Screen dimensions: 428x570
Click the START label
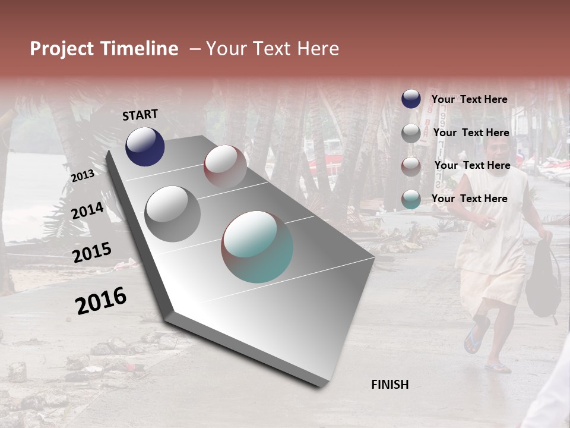[140, 115]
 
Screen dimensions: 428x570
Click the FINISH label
[390, 385]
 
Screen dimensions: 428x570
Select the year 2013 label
[83, 175]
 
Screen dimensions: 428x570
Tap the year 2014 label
[87, 211]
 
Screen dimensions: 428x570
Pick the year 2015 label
[92, 253]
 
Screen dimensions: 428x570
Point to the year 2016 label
[101, 301]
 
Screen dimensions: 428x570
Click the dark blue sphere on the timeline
[145, 146]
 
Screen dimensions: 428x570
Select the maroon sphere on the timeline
[225, 166]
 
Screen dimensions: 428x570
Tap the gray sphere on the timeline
[173, 213]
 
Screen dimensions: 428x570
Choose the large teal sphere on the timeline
[257, 247]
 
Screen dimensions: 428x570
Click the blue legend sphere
[411, 99]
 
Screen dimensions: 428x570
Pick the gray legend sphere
[411, 133]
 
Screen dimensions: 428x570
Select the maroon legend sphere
[411, 166]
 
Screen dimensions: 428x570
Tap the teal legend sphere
[411, 199]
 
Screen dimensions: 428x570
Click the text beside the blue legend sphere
[469, 99]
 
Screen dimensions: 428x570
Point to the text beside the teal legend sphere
[469, 199]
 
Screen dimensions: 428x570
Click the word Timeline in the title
[138, 49]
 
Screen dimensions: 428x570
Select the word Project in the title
[62, 49]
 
